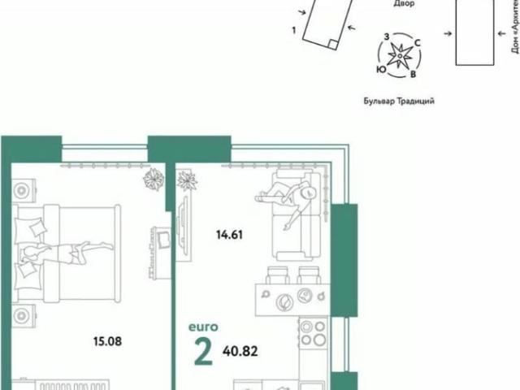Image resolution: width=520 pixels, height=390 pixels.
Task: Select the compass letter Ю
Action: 380,70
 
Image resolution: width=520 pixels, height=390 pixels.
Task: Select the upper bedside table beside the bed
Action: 24,188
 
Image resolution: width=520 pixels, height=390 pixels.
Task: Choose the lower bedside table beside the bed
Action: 24,312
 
